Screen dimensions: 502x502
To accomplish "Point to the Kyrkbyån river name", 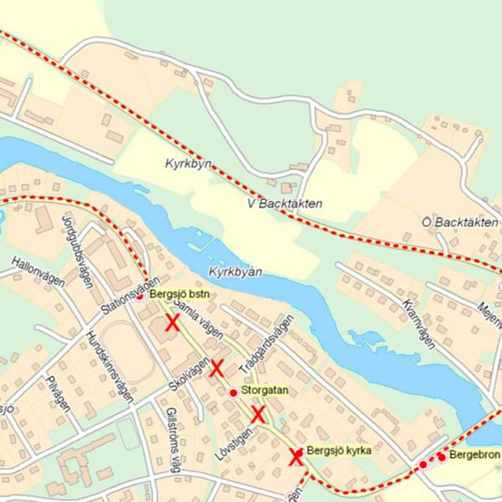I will [x=236, y=274].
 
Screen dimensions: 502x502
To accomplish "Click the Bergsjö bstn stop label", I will [x=180, y=295].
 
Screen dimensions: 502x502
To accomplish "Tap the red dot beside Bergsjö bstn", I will [x=141, y=295].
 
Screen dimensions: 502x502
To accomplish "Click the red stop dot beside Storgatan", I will [x=233, y=392].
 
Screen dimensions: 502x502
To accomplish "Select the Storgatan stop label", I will [x=264, y=391].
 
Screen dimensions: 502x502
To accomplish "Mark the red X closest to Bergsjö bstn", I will [x=172, y=323].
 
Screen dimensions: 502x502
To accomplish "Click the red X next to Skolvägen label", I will [x=217, y=367].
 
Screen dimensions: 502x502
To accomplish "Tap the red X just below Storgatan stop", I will [x=258, y=413].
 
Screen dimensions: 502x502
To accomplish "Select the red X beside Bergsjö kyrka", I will [x=295, y=457].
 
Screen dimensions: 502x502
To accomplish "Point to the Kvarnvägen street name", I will [x=418, y=323].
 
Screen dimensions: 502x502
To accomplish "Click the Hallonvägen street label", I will [x=38, y=271].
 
